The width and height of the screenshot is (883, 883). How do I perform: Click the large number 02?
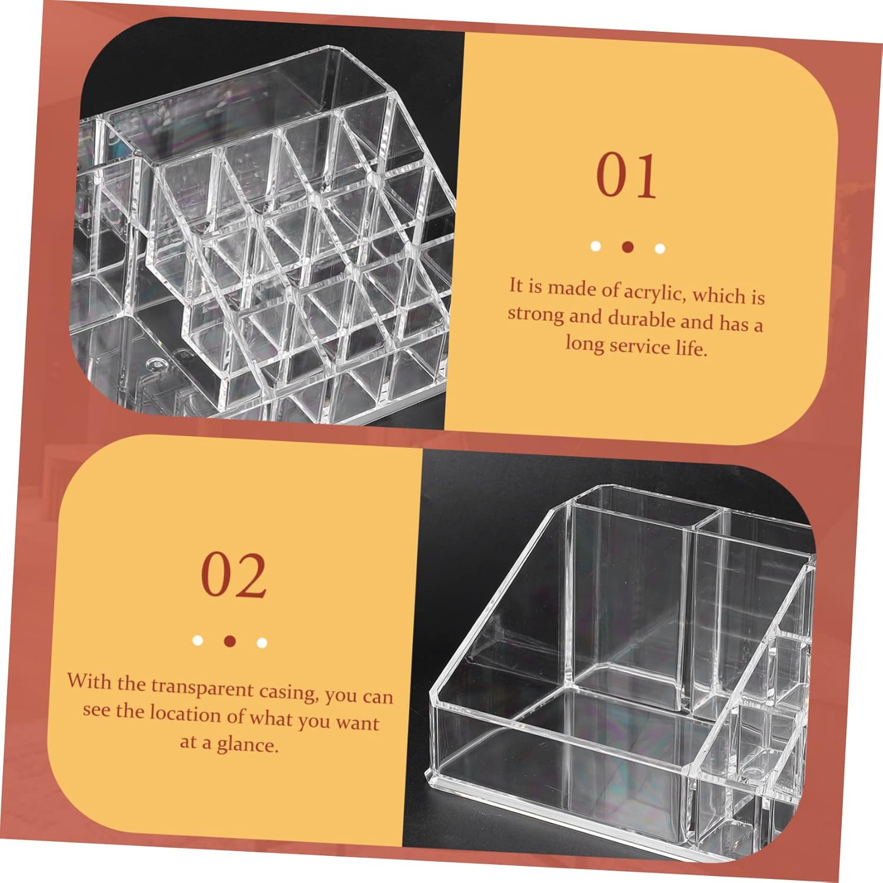click(234, 575)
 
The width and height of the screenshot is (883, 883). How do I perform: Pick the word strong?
click(535, 314)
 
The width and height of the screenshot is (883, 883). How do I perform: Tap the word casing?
click(287, 692)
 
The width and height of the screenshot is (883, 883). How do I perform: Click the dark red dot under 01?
click(628, 247)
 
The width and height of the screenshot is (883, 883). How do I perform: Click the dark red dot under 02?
click(230, 640)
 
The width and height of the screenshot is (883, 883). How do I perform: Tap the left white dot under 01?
click(596, 245)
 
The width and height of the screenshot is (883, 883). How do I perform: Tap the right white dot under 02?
click(262, 642)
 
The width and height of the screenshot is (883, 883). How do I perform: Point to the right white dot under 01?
click(660, 248)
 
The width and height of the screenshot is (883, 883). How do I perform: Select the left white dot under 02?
click(198, 640)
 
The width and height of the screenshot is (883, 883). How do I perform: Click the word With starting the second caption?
click(88, 681)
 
